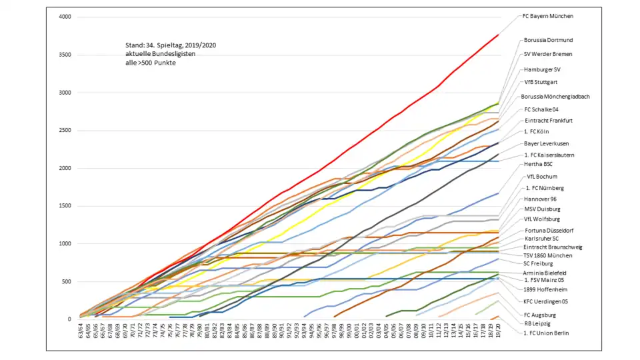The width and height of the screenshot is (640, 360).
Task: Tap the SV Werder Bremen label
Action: pyautogui.click(x=548, y=54)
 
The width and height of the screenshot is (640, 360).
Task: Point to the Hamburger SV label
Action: pyautogui.click(x=542, y=69)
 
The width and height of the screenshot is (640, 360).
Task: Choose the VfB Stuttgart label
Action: pyautogui.click(x=538, y=83)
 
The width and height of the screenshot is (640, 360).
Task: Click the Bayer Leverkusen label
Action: pyautogui.click(x=546, y=143)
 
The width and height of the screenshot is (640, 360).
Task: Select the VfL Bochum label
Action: pyautogui.click(x=539, y=177)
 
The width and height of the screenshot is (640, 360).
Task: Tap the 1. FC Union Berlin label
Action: pyautogui.click(x=547, y=333)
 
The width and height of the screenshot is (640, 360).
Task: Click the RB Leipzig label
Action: pyautogui.click(x=537, y=323)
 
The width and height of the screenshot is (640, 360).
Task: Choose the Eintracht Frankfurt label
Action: pyautogui.click(x=549, y=121)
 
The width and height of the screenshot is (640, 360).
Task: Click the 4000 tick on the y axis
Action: pyautogui.click(x=64, y=17)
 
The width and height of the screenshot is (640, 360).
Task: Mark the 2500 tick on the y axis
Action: pyautogui.click(x=64, y=130)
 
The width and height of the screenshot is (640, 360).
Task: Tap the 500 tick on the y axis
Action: pyautogui.click(x=65, y=281)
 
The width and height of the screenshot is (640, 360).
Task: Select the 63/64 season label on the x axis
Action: pyautogui.click(x=81, y=331)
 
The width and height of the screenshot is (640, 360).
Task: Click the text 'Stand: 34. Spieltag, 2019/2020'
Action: pyautogui.click(x=171, y=45)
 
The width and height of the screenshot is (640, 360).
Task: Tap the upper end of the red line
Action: pyautogui.click(x=499, y=35)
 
